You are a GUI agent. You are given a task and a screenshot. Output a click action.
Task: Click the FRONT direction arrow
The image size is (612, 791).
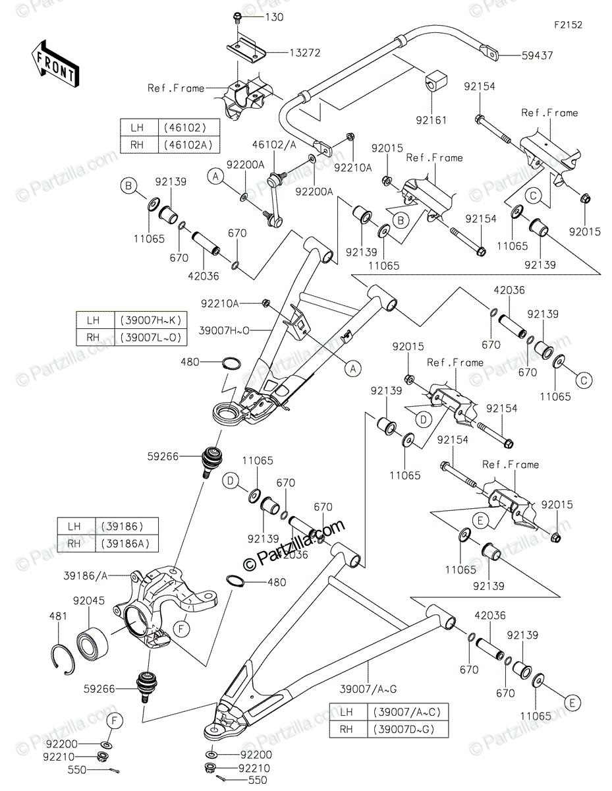55,63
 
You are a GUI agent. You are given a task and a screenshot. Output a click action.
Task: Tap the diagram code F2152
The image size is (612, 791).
568,25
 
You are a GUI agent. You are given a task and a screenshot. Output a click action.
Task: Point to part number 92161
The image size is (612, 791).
432,120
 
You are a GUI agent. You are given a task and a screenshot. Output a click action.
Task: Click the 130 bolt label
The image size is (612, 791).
273,17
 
